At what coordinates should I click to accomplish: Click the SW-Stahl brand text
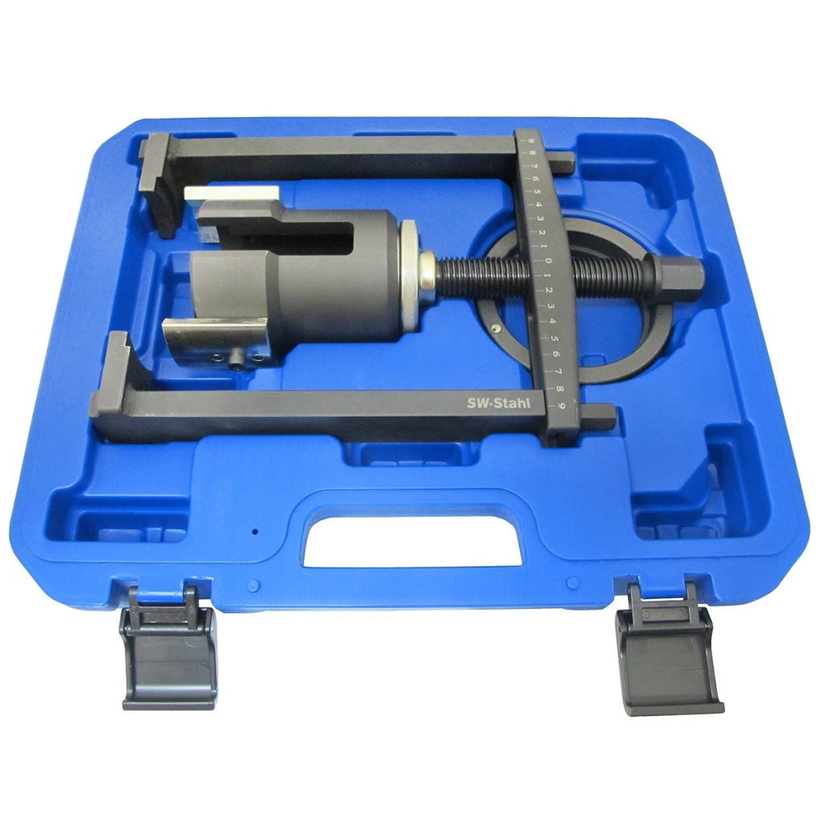[499, 403]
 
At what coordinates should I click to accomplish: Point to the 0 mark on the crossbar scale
[547, 261]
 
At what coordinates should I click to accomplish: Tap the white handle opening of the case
[413, 541]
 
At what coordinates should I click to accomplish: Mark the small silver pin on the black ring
[496, 329]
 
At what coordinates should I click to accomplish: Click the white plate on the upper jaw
[231, 194]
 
